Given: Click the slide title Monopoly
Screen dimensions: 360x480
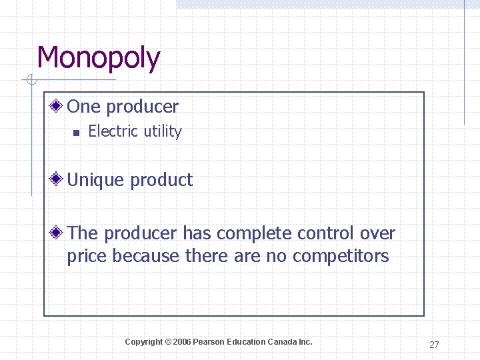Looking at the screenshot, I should pyautogui.click(x=99, y=58).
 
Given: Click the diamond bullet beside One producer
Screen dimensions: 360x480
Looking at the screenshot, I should pyautogui.click(x=59, y=106).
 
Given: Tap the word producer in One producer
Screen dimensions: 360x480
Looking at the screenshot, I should pyautogui.click(x=142, y=107).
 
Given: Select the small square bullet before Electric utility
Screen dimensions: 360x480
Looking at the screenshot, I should pyautogui.click(x=76, y=132).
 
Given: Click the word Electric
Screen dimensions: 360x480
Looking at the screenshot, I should pyautogui.click(x=112, y=131).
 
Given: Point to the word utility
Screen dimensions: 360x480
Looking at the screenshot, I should pyautogui.click(x=161, y=132).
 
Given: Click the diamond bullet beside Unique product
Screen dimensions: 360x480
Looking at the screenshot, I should pyautogui.click(x=59, y=179).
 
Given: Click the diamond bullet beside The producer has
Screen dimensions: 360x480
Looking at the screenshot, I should pyautogui.click(x=59, y=233).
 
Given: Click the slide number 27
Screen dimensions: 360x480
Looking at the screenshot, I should pyautogui.click(x=434, y=345).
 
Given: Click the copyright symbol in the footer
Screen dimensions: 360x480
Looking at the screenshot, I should pyautogui.click(x=169, y=342).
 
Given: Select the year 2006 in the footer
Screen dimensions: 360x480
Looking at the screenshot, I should pyautogui.click(x=182, y=342).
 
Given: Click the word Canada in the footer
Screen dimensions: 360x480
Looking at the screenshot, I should pyautogui.click(x=282, y=342).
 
